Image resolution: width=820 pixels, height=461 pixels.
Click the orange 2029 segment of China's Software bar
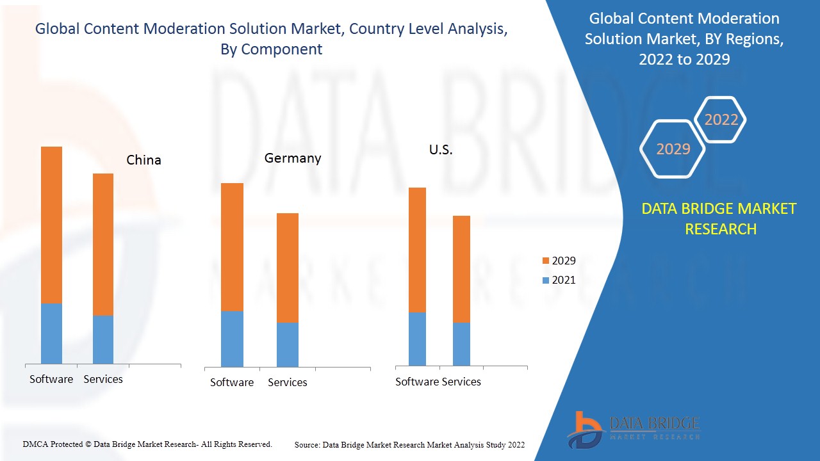coord(51,224)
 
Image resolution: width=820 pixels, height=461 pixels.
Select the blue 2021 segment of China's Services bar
coord(103,339)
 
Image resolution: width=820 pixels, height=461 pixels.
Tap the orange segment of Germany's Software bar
coord(232,247)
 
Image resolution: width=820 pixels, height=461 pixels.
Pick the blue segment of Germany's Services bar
coord(288,344)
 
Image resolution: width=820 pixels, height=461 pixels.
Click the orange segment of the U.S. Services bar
coord(461,269)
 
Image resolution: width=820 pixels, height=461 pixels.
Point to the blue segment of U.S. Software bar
coord(417,339)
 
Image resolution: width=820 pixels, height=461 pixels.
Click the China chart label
coord(143,160)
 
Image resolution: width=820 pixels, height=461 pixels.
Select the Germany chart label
coord(293,158)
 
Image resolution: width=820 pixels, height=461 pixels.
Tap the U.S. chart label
coord(441,150)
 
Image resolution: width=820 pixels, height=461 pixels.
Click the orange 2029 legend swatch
coord(546,261)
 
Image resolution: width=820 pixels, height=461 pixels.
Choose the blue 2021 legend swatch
coord(546,280)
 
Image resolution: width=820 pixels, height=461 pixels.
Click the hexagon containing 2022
coord(721,120)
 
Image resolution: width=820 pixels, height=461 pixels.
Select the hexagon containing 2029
coord(673,149)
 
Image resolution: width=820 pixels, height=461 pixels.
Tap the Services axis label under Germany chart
coord(287,382)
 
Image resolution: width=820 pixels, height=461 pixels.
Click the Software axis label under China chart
coord(51,379)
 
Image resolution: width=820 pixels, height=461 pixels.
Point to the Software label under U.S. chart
coord(417,382)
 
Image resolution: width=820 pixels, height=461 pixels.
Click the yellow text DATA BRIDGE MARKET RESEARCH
coord(720,218)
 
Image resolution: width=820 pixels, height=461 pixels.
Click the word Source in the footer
coord(307,444)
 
